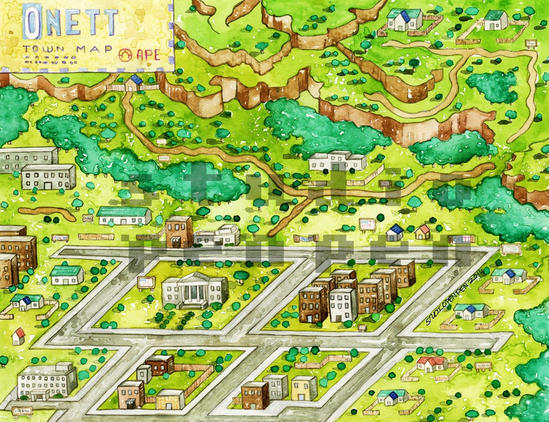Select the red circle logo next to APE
[x=124, y=54]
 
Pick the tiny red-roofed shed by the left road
[x=19, y=336]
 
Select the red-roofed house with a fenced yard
[x=432, y=364]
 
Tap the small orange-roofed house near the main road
[x=423, y=232]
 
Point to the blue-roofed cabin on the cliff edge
[x=134, y=82]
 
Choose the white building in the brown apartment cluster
[x=343, y=304]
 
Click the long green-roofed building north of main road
[x=124, y=215]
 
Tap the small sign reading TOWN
[x=60, y=238]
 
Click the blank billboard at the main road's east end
[x=511, y=249]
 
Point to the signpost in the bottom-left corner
[x=21, y=411]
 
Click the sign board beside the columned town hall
[x=146, y=283]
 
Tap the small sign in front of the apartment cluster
[x=362, y=328]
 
